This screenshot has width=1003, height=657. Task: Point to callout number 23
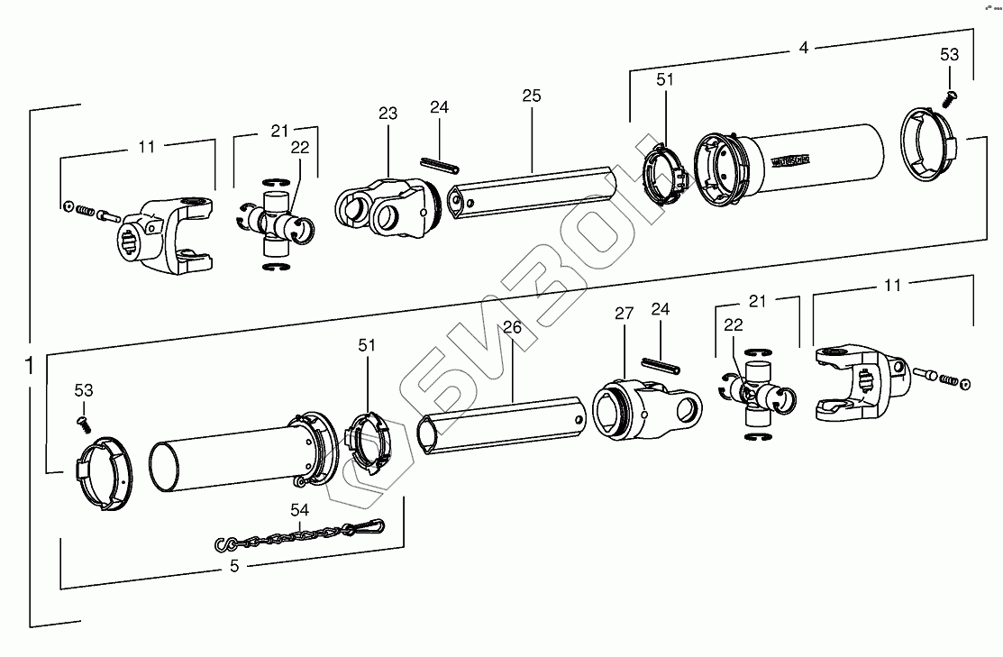tap(388, 114)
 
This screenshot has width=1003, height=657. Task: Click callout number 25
tap(531, 95)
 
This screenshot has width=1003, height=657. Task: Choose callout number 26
tap(512, 329)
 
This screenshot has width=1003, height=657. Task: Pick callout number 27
tap(625, 314)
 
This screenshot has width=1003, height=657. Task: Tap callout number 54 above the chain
tap(300, 510)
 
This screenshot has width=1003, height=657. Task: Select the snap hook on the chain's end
tap(364, 526)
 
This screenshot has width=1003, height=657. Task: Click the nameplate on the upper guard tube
tap(791, 161)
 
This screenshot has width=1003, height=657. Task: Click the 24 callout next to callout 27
tap(661, 310)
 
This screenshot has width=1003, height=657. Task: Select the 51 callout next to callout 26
tap(368, 345)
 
